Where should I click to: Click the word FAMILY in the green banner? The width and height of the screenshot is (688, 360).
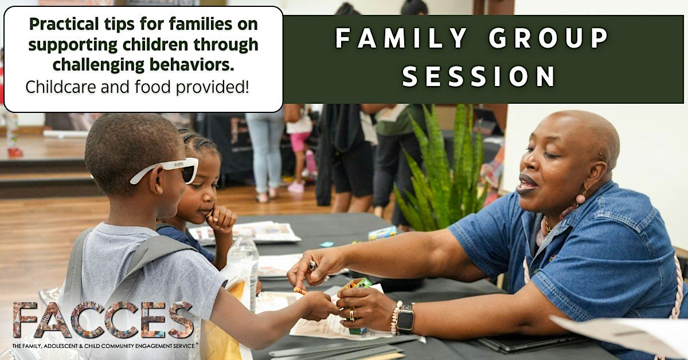[401, 38]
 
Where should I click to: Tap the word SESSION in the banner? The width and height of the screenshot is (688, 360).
[479, 76]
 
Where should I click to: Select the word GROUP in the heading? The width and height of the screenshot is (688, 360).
[549, 38]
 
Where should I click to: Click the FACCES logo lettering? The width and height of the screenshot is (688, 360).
[103, 319]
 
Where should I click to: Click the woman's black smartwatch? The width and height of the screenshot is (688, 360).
[405, 319]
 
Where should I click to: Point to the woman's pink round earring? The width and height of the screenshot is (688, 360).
[580, 198]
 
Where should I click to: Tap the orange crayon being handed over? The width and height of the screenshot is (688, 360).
[300, 290]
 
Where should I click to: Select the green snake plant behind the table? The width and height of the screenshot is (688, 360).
[442, 169]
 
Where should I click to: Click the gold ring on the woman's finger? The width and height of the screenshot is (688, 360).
[351, 315]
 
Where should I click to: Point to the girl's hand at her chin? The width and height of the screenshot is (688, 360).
[221, 218]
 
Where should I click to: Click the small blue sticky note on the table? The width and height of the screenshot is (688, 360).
[326, 244]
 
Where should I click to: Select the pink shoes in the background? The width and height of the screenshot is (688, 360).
[296, 187]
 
